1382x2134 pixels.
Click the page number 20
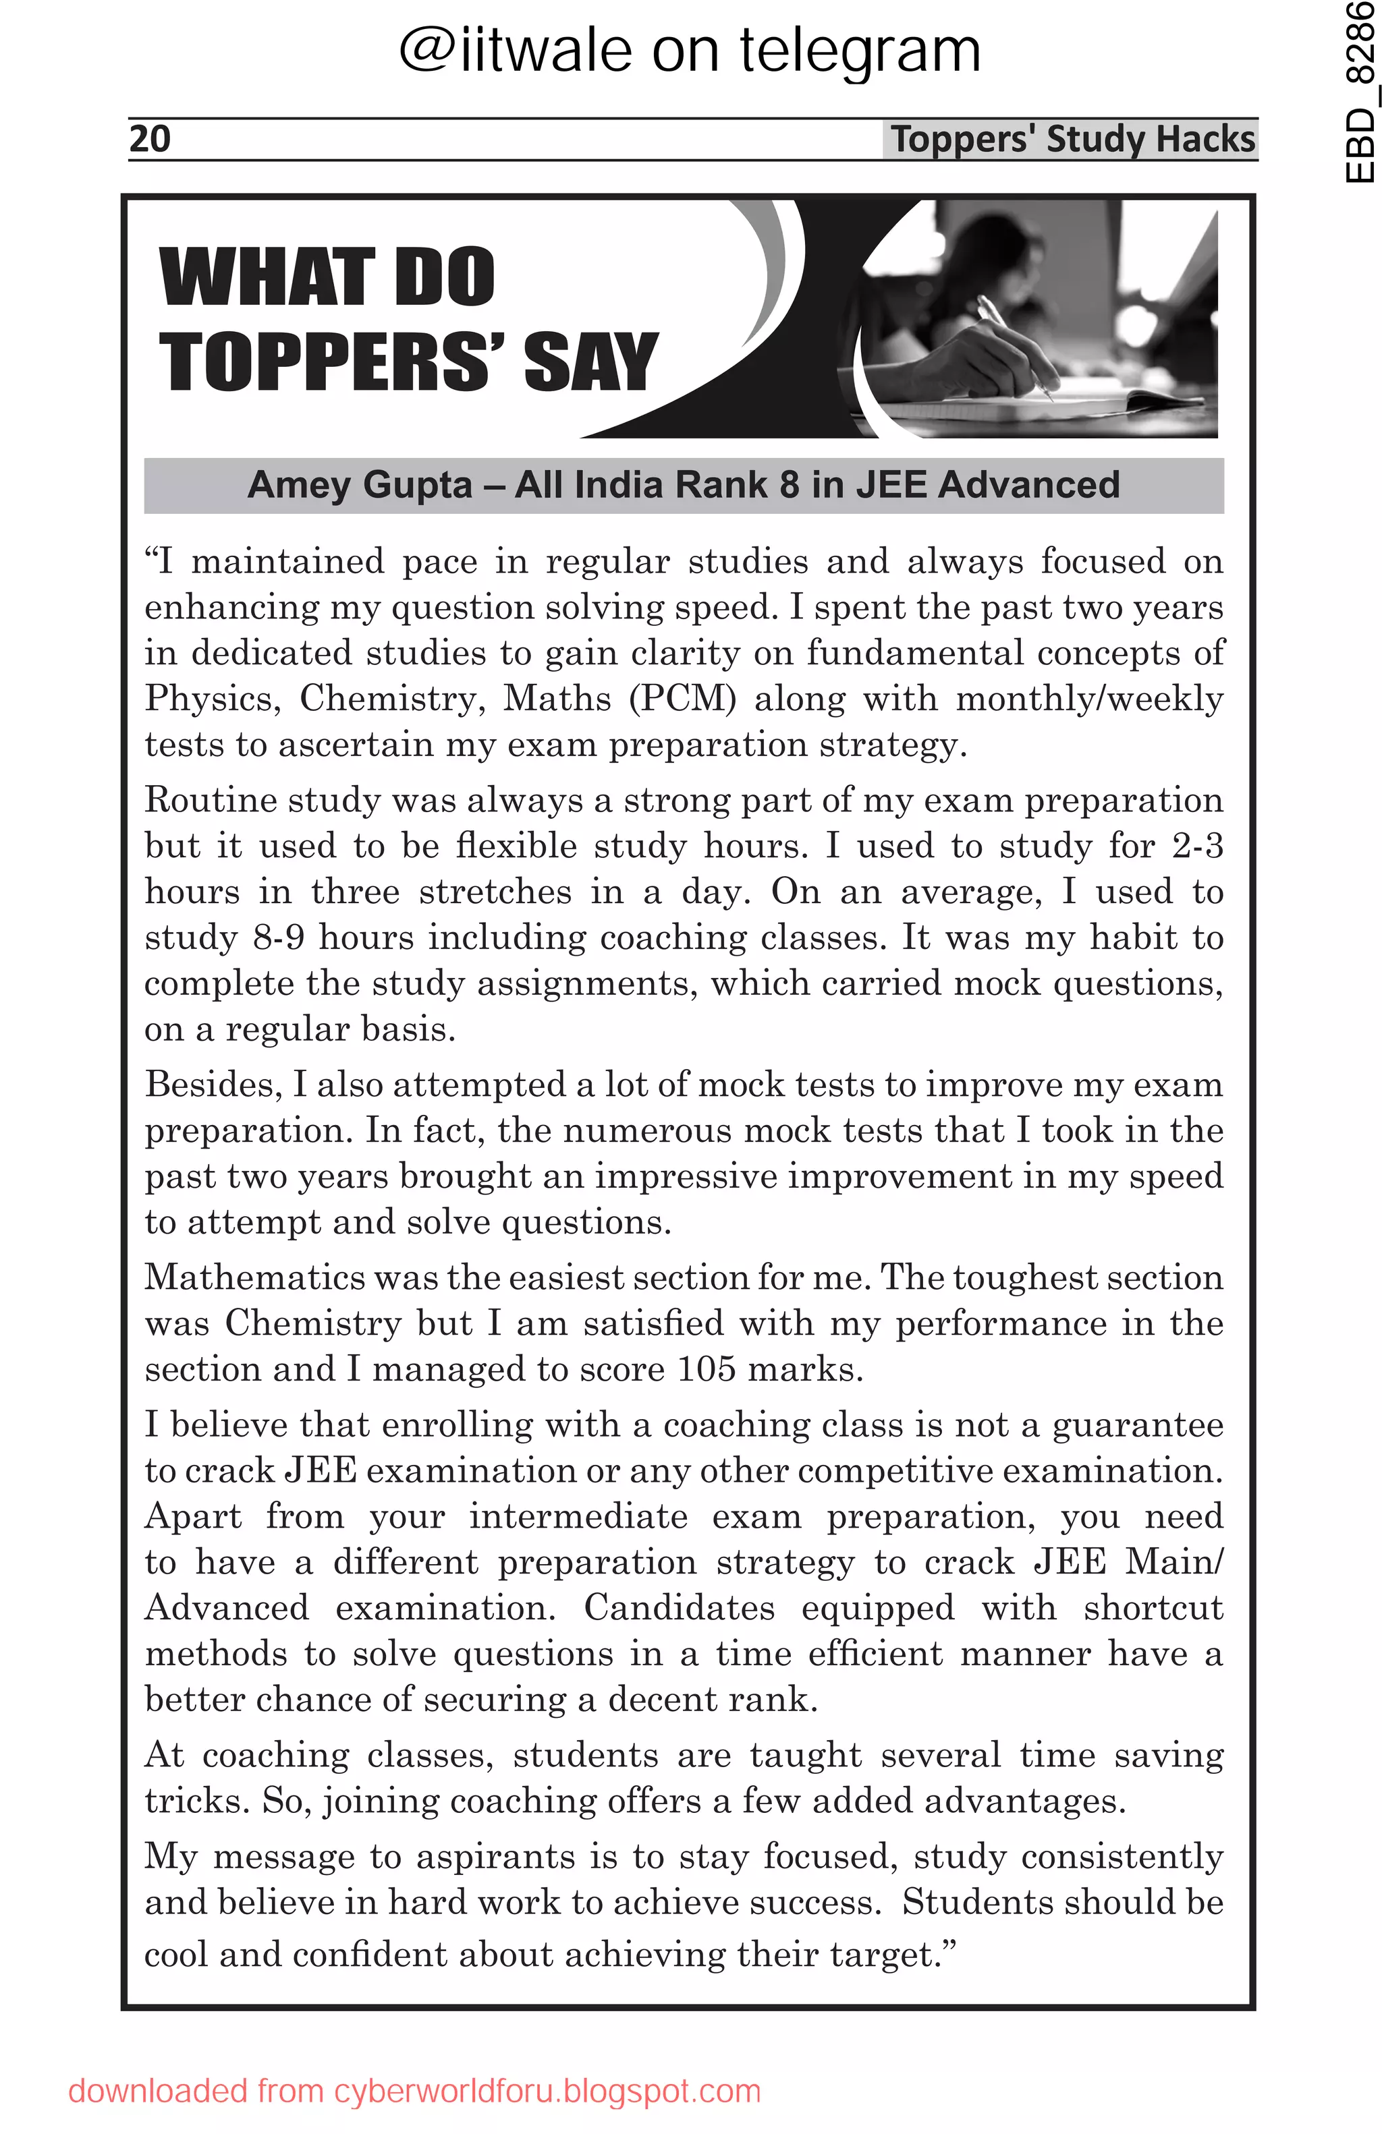coord(150,139)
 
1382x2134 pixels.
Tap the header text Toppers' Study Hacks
coord(1072,139)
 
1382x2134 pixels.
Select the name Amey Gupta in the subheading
coord(360,485)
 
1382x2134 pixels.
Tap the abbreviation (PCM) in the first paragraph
coord(682,699)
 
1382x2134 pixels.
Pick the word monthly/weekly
coord(1088,699)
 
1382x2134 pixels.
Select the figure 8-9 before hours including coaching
coord(279,938)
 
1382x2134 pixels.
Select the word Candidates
coord(679,1608)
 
